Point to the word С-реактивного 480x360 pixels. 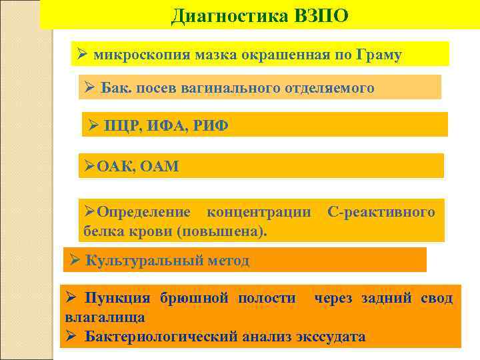coord(381,213)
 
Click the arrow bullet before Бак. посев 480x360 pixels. coord(91,87)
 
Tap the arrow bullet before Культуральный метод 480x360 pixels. coord(75,261)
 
